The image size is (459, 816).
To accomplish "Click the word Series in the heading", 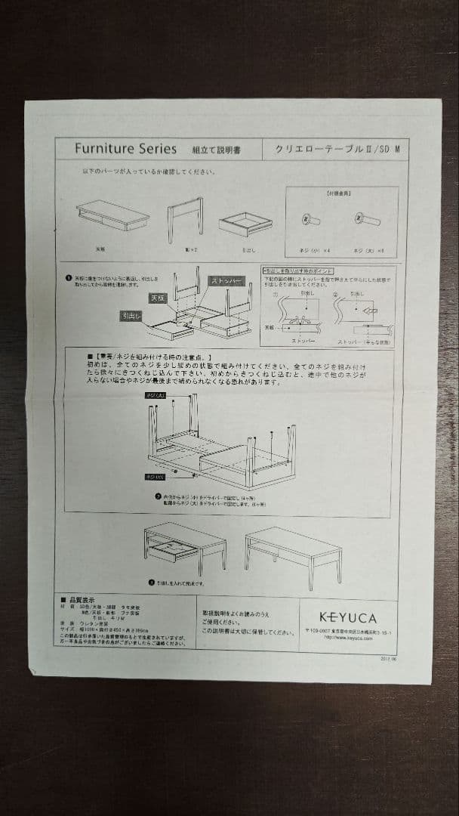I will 154,149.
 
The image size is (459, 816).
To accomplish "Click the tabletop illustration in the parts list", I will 112,215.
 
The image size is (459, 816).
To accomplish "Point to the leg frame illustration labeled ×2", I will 185,218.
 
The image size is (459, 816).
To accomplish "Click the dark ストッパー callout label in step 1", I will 227,281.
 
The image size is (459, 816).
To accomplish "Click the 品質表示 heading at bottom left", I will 81,597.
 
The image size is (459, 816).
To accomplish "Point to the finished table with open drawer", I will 184,547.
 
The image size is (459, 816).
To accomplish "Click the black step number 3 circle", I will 151,583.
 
